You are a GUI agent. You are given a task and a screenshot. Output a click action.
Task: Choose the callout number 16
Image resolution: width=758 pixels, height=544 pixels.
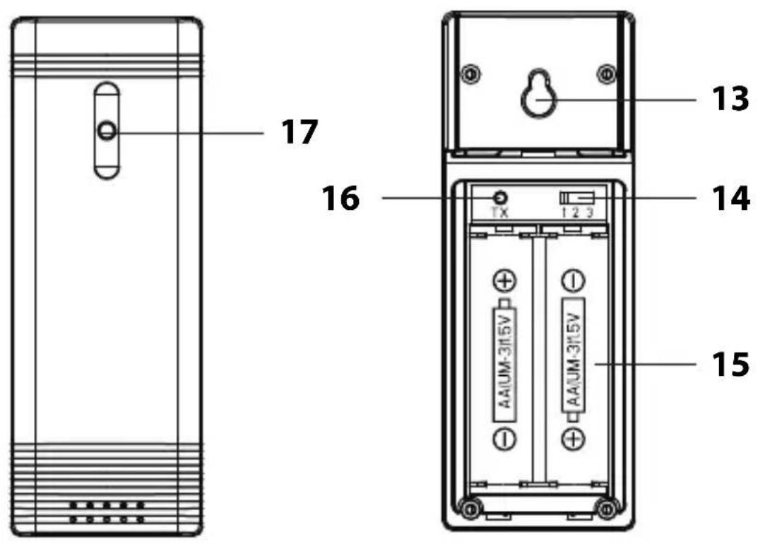click(340, 199)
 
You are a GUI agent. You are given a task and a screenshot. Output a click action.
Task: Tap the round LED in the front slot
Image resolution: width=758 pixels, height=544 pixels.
click(107, 131)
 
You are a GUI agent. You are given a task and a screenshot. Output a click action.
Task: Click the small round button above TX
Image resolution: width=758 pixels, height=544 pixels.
click(501, 197)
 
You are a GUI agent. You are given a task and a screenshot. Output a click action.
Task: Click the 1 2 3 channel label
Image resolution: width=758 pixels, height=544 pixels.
click(579, 213)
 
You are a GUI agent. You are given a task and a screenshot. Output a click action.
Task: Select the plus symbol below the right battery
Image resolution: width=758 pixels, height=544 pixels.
click(573, 439)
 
